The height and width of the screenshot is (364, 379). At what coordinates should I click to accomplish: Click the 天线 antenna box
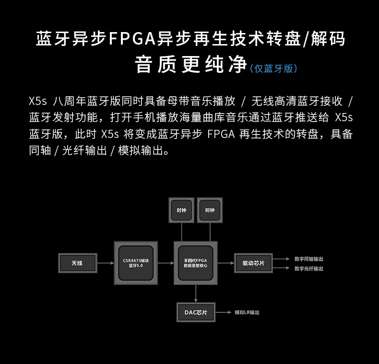[x=77, y=263]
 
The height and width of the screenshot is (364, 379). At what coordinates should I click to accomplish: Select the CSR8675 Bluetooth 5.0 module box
[x=136, y=263]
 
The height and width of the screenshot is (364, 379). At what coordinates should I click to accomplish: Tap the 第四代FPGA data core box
[x=195, y=263]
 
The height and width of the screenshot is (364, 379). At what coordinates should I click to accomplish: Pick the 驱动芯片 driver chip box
[x=253, y=263]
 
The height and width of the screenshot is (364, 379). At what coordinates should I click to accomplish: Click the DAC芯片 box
[x=196, y=312]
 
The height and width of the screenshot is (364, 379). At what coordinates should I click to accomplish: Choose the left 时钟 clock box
[x=181, y=210]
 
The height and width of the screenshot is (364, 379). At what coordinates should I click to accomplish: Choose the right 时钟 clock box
[x=210, y=210]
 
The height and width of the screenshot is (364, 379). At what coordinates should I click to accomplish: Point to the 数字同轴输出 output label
[x=308, y=259]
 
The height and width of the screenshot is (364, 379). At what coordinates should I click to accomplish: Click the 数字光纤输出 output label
[x=308, y=269]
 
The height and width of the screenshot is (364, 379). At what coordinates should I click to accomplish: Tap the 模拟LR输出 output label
[x=247, y=312]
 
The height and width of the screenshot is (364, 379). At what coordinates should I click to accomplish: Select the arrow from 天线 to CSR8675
[x=105, y=263]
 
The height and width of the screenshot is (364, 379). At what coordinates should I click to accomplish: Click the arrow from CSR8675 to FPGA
[x=166, y=263]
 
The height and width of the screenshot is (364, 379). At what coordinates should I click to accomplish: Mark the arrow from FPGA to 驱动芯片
[x=225, y=263]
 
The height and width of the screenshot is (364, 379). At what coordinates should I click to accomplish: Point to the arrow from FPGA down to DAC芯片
[x=196, y=293]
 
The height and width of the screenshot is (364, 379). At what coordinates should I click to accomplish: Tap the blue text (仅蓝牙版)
[x=273, y=68]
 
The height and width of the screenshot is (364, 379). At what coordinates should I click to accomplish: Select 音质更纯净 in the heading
[x=190, y=65]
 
